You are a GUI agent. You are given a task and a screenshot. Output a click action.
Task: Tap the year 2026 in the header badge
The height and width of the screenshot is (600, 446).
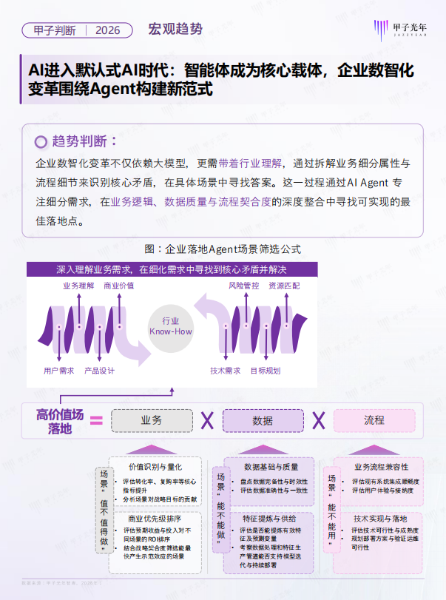click(x=108, y=30)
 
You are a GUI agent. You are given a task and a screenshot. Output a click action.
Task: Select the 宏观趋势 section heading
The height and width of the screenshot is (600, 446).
click(x=175, y=30)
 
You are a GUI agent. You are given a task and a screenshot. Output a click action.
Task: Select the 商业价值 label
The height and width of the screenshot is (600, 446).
click(x=118, y=285)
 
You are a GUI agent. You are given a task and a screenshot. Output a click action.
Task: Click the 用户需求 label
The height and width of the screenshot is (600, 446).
click(x=58, y=370)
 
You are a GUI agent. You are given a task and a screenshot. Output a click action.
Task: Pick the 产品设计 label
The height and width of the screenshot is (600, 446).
click(x=99, y=370)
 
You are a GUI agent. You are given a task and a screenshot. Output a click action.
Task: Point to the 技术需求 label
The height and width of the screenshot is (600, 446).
click(x=225, y=370)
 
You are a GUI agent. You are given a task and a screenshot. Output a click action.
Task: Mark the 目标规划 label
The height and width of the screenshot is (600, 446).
click(x=265, y=370)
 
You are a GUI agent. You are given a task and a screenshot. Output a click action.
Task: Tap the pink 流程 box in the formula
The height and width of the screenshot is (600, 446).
click(x=374, y=420)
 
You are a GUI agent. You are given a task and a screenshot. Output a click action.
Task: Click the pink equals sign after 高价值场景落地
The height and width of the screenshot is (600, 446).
click(x=96, y=421)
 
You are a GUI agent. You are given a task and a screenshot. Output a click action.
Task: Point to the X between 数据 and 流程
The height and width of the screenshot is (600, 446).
click(x=318, y=420)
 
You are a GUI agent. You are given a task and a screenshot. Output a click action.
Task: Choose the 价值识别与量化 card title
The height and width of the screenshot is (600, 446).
click(x=155, y=467)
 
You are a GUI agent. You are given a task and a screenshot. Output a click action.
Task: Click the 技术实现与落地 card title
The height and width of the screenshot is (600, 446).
click(x=380, y=519)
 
